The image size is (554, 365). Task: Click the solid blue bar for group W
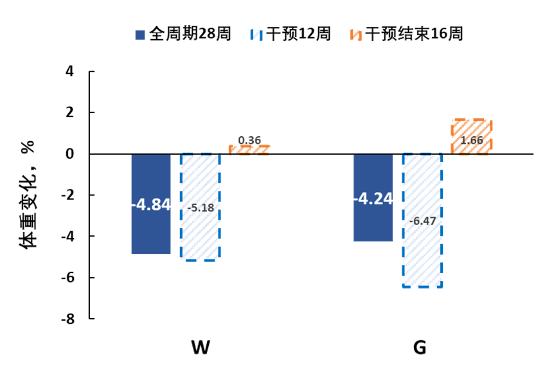(151, 204)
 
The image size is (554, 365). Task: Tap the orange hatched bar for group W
(249, 150)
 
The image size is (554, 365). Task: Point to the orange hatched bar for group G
(472, 137)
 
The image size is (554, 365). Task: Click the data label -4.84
(151, 204)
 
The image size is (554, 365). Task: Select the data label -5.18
(201, 208)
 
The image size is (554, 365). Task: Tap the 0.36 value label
(249, 140)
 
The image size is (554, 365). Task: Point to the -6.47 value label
(422, 221)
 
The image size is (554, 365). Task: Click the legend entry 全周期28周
(183, 34)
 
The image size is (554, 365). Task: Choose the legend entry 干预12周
(290, 34)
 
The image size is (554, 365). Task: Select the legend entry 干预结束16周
(407, 34)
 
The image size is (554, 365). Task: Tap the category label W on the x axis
(201, 348)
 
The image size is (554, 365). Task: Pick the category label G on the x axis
(420, 348)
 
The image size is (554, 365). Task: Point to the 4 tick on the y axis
(69, 71)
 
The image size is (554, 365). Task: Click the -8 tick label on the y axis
(68, 319)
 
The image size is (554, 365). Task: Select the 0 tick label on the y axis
(69, 154)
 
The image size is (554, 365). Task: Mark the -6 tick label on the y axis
(68, 278)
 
